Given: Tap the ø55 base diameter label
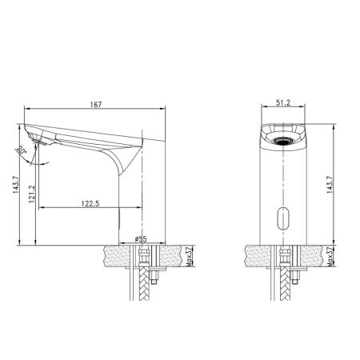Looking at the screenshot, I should (141, 238).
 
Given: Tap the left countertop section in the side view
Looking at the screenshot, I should (118, 256).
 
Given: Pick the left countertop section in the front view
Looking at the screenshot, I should (254, 256).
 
